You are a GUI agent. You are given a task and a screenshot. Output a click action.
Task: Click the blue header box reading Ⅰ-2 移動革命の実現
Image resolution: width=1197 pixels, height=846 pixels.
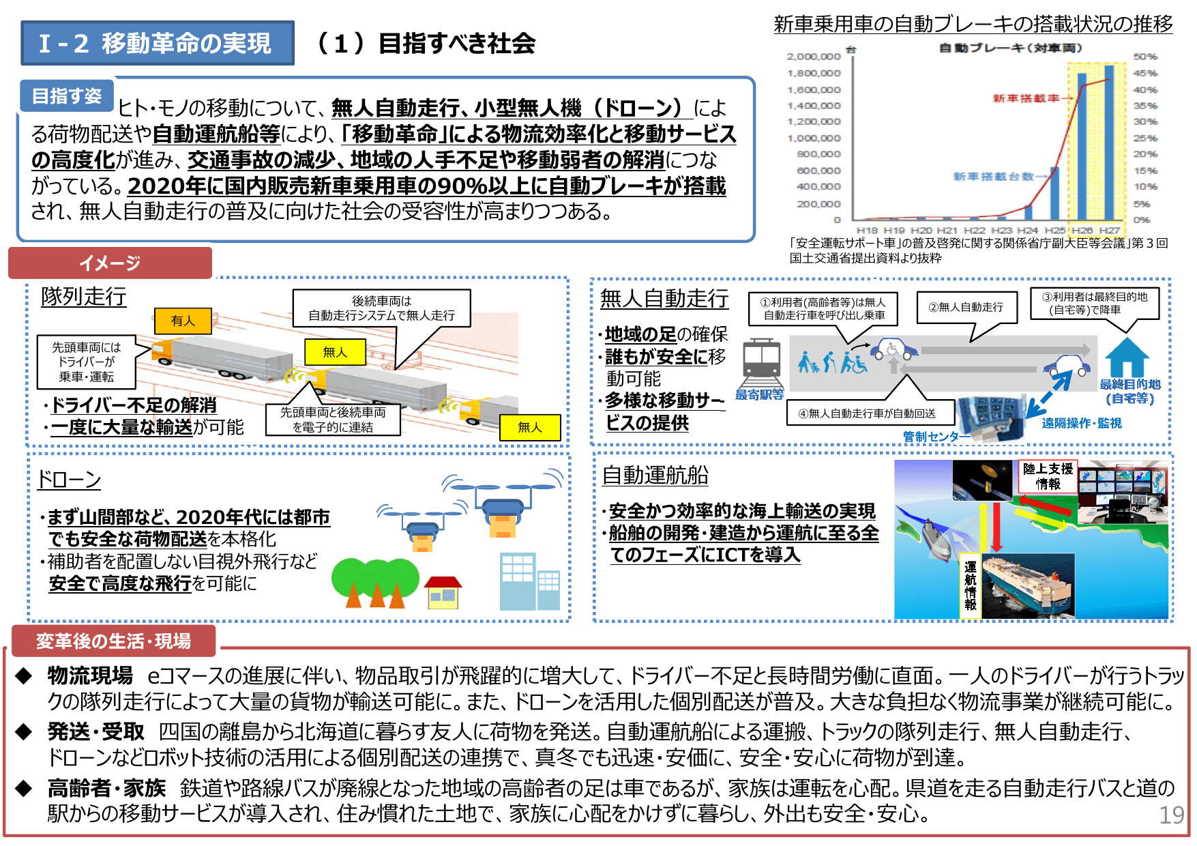(x=158, y=43)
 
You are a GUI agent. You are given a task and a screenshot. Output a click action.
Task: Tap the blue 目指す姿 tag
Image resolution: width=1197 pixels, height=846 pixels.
(x=67, y=96)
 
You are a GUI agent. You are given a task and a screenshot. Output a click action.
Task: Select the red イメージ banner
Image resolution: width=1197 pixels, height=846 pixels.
(x=110, y=263)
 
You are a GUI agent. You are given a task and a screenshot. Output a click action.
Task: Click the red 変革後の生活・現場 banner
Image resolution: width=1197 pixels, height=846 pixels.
(x=113, y=641)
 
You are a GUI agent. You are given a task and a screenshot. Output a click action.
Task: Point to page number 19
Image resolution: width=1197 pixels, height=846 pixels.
(x=1172, y=815)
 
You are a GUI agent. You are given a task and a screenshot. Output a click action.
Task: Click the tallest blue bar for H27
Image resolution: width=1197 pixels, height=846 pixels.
(x=1108, y=142)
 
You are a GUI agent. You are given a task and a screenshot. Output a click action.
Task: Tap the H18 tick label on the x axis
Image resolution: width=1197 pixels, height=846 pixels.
(x=867, y=231)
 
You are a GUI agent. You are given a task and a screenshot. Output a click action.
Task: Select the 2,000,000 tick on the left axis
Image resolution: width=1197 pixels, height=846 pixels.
(x=814, y=57)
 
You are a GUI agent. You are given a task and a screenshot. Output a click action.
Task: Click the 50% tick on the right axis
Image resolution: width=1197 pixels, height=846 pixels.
(x=1145, y=57)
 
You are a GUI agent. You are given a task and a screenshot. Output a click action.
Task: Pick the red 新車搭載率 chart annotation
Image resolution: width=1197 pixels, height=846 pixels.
(x=1026, y=98)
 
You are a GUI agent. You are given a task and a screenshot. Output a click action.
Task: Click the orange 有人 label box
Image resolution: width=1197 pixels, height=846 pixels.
(x=183, y=321)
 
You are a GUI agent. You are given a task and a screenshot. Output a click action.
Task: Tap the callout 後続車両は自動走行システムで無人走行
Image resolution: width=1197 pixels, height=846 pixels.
(x=381, y=308)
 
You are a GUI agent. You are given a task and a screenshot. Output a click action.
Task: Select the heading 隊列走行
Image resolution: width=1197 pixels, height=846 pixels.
(x=84, y=297)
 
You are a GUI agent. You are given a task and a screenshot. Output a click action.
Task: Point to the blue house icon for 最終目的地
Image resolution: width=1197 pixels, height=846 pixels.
(x=1127, y=358)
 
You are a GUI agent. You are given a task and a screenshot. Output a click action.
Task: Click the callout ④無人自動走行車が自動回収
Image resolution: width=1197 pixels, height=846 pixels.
(x=867, y=413)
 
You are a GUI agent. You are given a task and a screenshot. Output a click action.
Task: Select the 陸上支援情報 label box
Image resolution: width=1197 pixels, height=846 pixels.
(x=1048, y=476)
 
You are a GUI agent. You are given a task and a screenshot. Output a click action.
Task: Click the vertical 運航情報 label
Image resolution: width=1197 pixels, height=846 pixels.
(x=970, y=585)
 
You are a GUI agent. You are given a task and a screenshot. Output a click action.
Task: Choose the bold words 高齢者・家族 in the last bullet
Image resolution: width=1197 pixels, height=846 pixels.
(x=106, y=789)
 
